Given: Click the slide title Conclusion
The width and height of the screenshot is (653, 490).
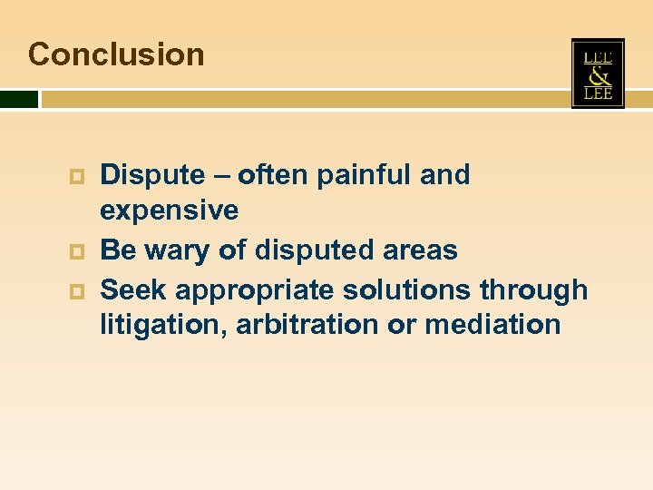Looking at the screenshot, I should tap(116, 54).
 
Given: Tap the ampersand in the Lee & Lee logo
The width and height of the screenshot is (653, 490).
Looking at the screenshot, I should tap(598, 74).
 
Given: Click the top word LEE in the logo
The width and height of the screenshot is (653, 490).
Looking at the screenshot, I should tap(598, 56).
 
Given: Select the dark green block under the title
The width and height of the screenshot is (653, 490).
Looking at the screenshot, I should tap(19, 99).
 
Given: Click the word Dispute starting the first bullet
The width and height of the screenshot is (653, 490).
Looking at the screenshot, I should tap(152, 174).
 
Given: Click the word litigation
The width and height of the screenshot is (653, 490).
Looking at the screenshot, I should tap(163, 325).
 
